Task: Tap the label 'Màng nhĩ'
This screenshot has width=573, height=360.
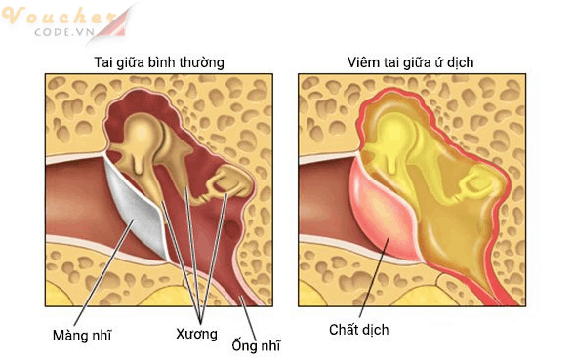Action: click(81, 336)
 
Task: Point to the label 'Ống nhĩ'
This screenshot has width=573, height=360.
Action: click(256, 344)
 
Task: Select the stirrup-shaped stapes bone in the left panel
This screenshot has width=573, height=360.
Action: click(232, 180)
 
